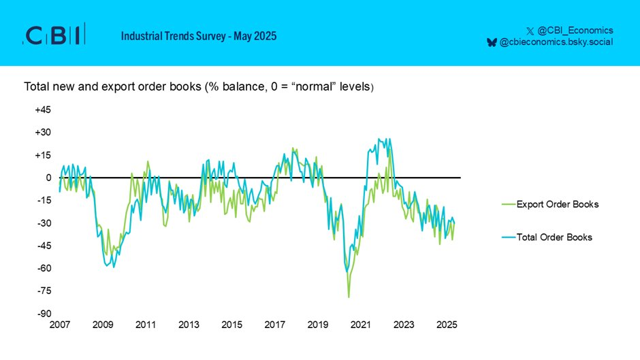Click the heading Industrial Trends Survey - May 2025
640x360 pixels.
coord(199,35)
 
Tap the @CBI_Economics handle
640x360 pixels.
coord(575,30)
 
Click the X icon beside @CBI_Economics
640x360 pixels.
coord(530,31)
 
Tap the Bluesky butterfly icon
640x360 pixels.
coord(492,42)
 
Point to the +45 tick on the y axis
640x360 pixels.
coord(43,110)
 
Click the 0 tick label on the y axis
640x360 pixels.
coord(48,178)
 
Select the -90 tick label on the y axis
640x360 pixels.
coord(44,314)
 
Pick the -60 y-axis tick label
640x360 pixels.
coord(44,268)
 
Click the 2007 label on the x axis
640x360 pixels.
coord(59,325)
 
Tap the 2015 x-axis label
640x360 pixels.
coord(231,325)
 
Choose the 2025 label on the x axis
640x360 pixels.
coord(447,325)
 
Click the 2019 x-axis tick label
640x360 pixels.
coord(317,325)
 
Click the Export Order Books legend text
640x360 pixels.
coord(558,204)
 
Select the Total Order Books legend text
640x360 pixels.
coord(554,238)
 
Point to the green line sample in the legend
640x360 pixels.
coord(507,204)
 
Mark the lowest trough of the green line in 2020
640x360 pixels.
coord(349,297)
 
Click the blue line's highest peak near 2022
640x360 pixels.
coord(379,139)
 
